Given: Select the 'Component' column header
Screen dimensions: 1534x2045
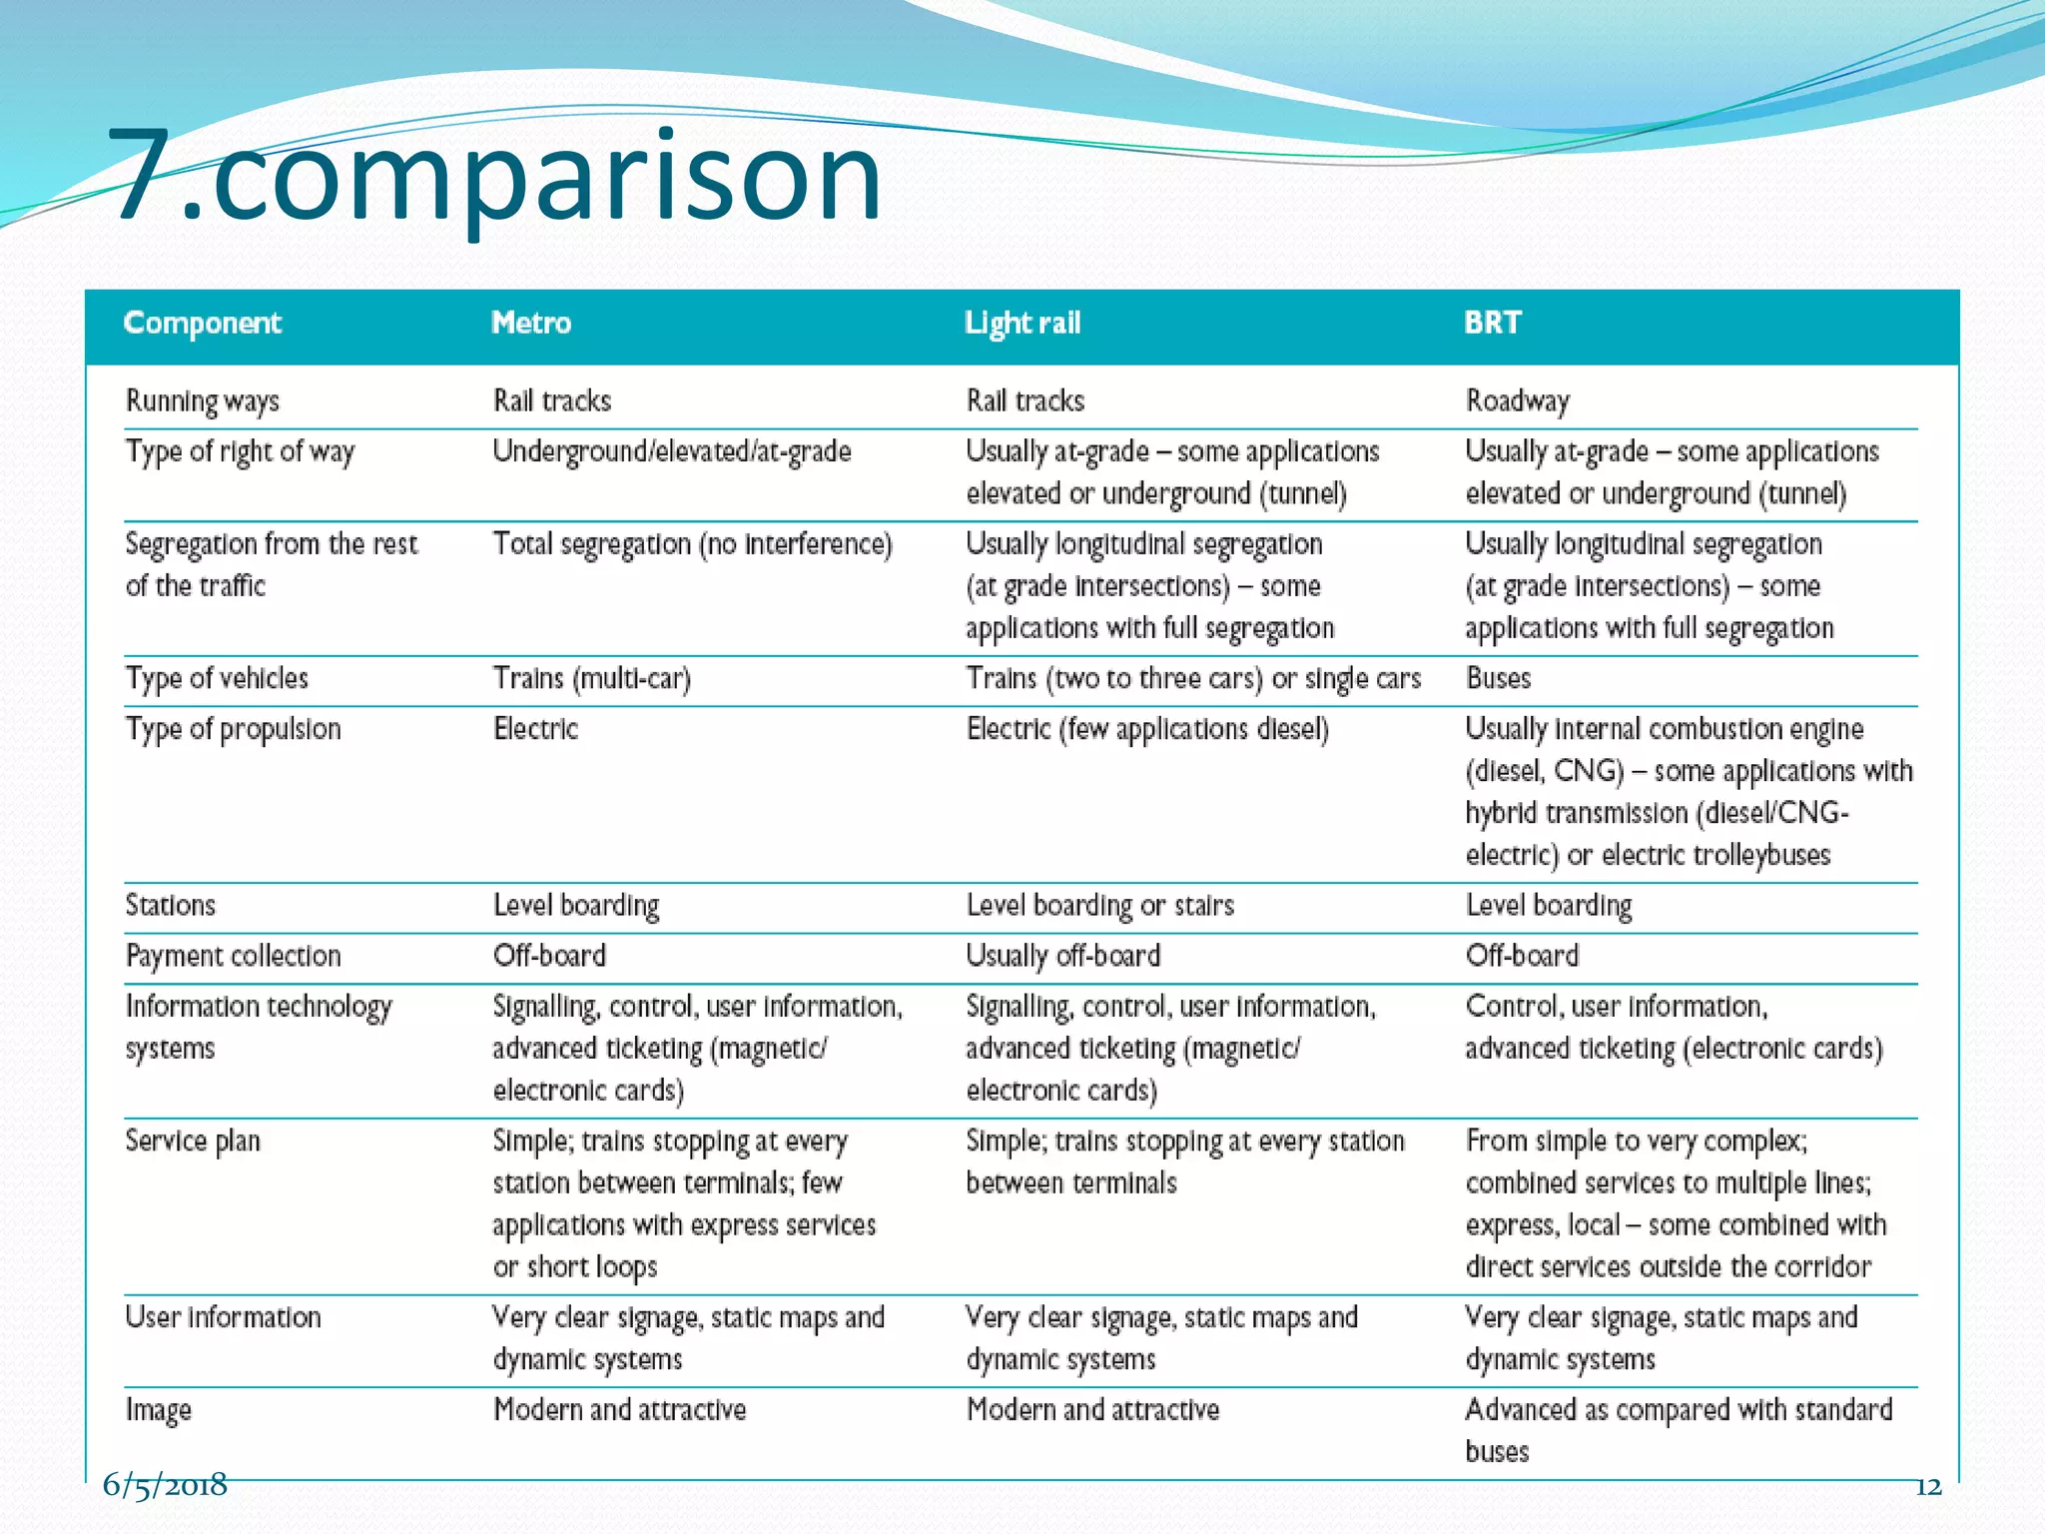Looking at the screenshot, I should pyautogui.click(x=202, y=324).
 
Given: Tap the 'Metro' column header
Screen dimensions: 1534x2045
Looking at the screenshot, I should pyautogui.click(x=530, y=324).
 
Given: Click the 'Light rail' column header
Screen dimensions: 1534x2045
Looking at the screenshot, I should pyautogui.click(x=1022, y=324).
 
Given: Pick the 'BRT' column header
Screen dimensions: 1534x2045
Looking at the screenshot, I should pyautogui.click(x=1492, y=324).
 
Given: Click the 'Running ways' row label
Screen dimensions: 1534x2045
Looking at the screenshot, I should pyautogui.click(x=202, y=401).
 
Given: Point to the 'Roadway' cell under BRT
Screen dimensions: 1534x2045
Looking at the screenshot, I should pyautogui.click(x=1517, y=401).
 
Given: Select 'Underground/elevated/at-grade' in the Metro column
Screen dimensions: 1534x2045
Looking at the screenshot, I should pyautogui.click(x=671, y=451).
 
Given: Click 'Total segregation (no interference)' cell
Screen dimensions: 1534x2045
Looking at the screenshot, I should pyautogui.click(x=692, y=544).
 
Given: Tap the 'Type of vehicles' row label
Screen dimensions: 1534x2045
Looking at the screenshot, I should pyautogui.click(x=217, y=679).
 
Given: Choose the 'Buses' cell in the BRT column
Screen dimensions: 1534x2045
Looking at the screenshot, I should pyautogui.click(x=1498, y=679).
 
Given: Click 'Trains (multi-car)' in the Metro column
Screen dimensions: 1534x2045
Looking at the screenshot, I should pyautogui.click(x=591, y=679).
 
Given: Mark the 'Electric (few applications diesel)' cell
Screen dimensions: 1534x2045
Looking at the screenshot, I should pyautogui.click(x=1146, y=730).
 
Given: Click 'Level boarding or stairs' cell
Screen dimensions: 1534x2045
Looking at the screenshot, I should pyautogui.click(x=1099, y=906).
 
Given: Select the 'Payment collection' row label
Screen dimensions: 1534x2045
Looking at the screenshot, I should pyautogui.click(x=233, y=957).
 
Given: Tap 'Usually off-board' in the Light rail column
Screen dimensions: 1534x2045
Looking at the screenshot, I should pyautogui.click(x=1062, y=957).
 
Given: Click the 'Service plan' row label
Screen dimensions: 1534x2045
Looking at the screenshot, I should pyautogui.click(x=192, y=1142).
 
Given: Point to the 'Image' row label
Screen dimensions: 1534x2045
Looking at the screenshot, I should pyautogui.click(x=158, y=1410).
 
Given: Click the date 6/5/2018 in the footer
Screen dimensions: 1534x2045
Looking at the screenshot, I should pyautogui.click(x=165, y=1485).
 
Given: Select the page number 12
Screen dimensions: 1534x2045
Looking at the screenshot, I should pyautogui.click(x=1928, y=1487).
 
